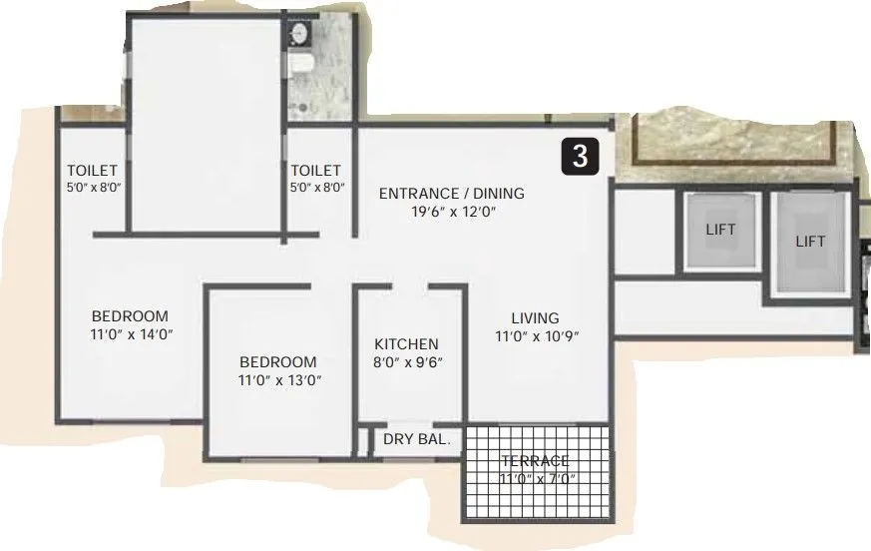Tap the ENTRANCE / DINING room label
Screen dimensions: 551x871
tap(451, 193)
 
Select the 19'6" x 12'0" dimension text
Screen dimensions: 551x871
tap(451, 212)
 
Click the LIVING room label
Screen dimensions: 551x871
tap(535, 318)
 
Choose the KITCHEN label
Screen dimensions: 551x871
tap(406, 343)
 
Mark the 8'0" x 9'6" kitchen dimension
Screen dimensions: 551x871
tap(408, 361)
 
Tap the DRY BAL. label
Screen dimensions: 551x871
tap(416, 438)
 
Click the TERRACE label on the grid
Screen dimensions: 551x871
tap(535, 460)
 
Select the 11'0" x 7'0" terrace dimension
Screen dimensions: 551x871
tap(537, 479)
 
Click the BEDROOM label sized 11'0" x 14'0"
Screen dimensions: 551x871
tap(130, 316)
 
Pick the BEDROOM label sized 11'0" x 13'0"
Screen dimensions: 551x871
tap(277, 361)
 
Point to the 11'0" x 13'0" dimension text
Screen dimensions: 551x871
tap(279, 380)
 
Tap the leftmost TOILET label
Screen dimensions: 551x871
tap(92, 171)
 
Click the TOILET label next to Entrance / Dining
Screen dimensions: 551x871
tap(315, 171)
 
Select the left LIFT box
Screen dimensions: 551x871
tap(720, 231)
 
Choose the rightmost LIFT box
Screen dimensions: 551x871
tap(810, 242)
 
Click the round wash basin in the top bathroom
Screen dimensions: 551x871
tap(297, 35)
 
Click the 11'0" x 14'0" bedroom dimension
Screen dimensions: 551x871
tap(132, 335)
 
